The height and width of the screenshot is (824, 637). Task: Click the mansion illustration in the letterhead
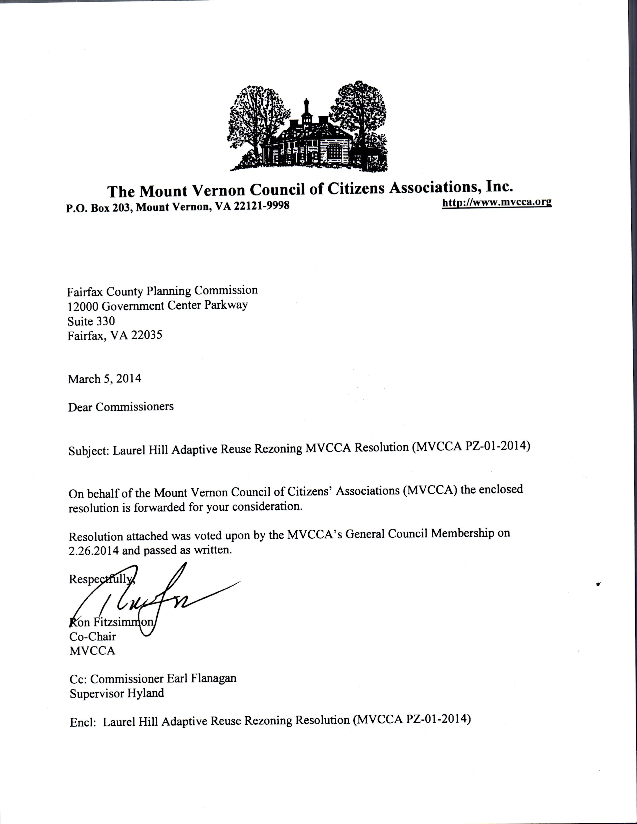tap(308, 128)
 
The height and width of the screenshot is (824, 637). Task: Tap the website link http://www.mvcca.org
tap(497, 202)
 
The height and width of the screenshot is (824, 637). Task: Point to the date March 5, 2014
tap(105, 379)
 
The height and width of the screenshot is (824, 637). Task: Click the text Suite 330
tap(91, 321)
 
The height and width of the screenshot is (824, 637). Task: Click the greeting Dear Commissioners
tap(121, 407)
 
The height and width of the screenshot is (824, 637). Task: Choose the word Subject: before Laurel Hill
tap(89, 451)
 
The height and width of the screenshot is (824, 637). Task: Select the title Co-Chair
tap(92, 636)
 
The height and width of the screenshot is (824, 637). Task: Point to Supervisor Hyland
tap(117, 693)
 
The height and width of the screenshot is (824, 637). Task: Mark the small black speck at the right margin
tap(598, 585)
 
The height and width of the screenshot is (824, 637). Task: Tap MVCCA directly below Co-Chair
tap(92, 651)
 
